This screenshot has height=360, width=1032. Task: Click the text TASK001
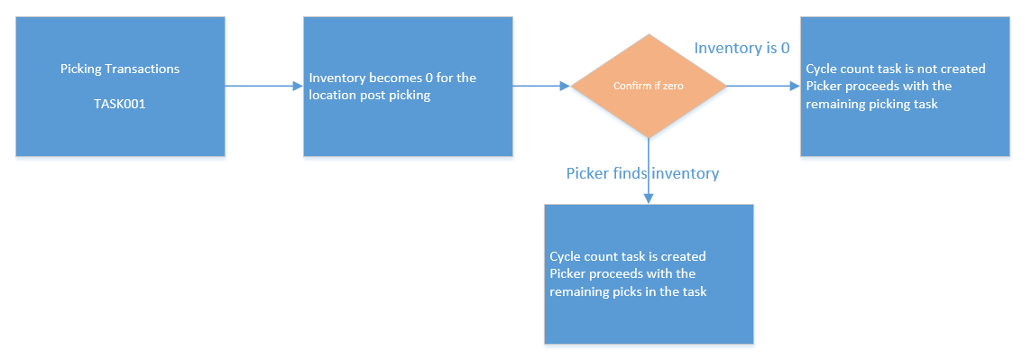tap(120, 104)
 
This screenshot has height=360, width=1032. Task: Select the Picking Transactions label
tap(120, 69)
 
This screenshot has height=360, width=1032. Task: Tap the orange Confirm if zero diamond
tap(649, 86)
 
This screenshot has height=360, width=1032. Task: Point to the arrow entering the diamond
tap(541, 86)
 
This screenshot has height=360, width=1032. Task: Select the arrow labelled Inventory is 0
tap(763, 86)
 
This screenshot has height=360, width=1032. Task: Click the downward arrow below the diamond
tap(649, 171)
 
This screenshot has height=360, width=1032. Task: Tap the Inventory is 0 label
tap(742, 48)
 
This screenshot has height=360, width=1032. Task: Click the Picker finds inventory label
tap(643, 174)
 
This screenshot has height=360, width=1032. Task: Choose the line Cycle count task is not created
tap(896, 69)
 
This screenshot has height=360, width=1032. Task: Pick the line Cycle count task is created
tap(628, 256)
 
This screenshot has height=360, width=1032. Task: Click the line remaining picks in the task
tap(629, 291)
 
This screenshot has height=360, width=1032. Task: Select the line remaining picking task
tap(872, 104)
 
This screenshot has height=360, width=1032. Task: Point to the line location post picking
tap(370, 96)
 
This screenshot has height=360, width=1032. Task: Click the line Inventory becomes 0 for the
tap(393, 78)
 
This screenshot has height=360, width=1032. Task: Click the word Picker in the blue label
tap(586, 174)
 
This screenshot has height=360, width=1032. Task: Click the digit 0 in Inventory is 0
tap(785, 48)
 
